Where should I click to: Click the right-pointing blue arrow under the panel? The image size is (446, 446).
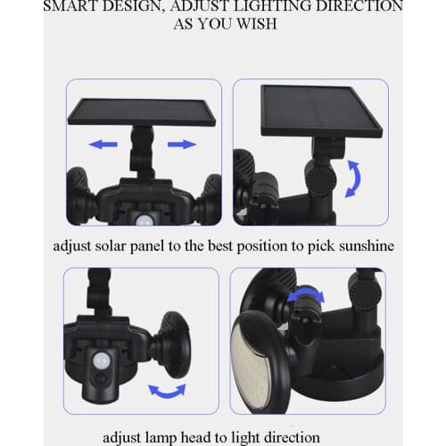point(181,144)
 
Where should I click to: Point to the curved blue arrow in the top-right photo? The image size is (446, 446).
point(354,177)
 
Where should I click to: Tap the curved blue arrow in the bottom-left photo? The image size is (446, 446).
point(167,390)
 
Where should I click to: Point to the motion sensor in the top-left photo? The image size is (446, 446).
point(145,217)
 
